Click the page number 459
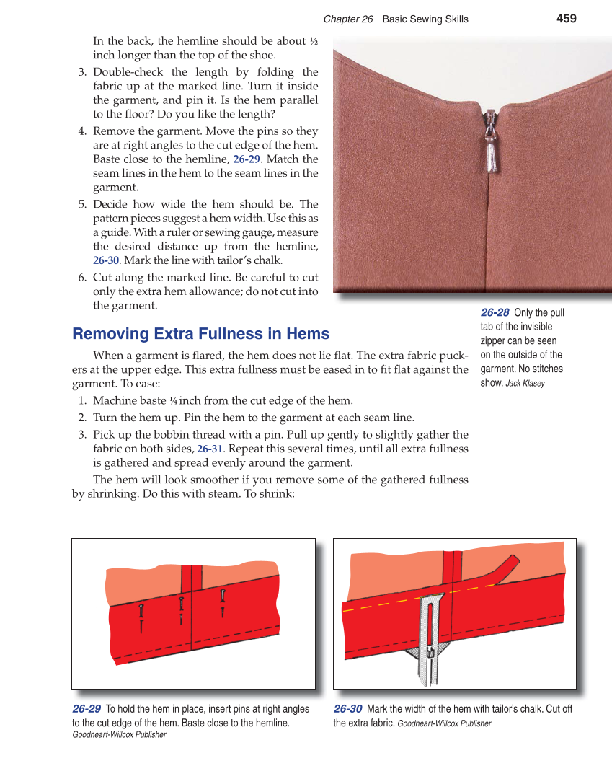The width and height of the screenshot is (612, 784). [x=567, y=19]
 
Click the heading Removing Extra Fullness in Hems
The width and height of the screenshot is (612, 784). [x=200, y=334]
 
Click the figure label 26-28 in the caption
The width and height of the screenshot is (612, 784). [x=495, y=312]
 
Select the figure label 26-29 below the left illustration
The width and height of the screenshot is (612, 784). [x=86, y=709]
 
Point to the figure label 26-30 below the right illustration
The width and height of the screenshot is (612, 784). [x=347, y=709]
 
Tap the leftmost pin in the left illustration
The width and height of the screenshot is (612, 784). [x=142, y=617]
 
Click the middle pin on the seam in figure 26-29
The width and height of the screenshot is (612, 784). [x=180, y=609]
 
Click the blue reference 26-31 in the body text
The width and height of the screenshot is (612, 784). [x=209, y=449]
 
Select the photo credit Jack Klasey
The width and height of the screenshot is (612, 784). [x=525, y=384]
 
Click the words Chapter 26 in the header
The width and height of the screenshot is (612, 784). [x=347, y=19]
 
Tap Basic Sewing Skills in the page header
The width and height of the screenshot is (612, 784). [x=425, y=19]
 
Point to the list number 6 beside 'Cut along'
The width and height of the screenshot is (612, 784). [x=82, y=278]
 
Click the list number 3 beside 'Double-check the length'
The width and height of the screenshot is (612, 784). [x=82, y=72]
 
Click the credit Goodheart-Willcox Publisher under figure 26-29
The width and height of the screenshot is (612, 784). [x=119, y=734]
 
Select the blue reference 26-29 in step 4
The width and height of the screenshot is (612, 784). [x=247, y=159]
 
